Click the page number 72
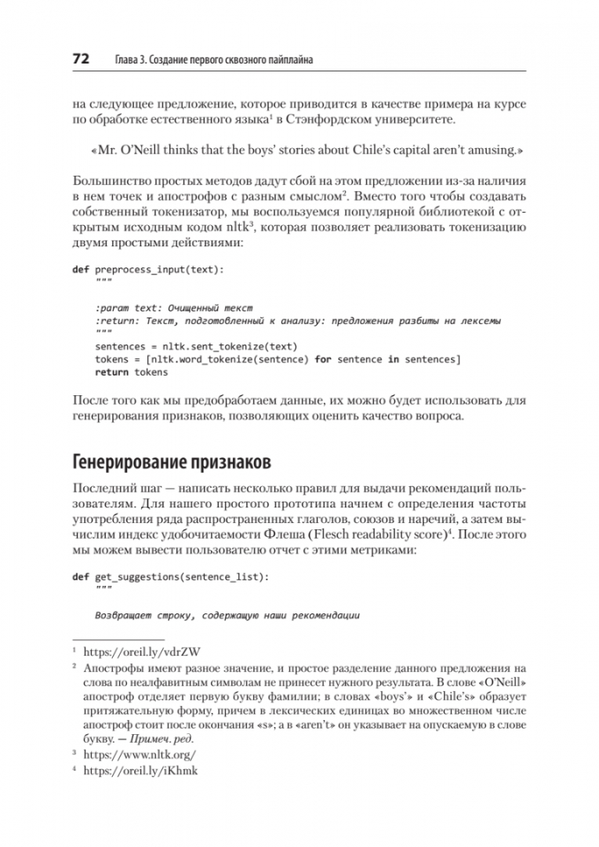82,60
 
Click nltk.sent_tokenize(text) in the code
231,346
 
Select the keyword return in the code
111,372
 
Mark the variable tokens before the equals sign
111,358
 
